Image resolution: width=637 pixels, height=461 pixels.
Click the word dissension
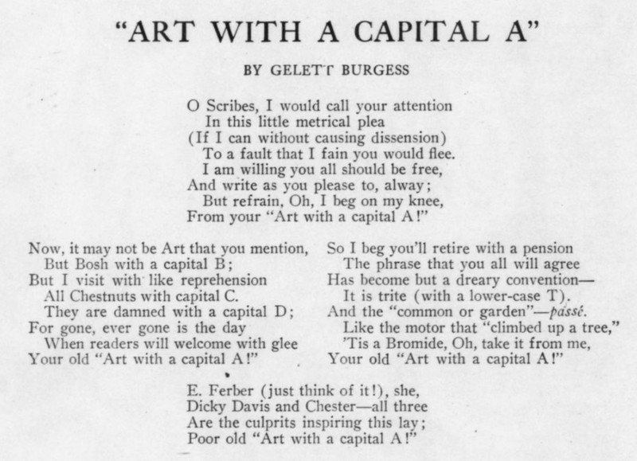click(x=408, y=137)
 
